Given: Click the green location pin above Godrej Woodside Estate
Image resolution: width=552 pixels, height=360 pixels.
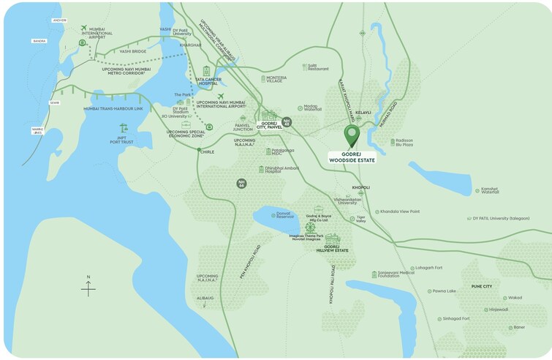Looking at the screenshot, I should [352, 136].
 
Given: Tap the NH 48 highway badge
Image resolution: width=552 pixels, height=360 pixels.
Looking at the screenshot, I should [287, 121].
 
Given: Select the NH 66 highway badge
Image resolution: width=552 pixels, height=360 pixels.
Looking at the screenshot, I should [241, 183].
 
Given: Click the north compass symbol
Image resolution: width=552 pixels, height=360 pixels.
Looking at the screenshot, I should [88, 287].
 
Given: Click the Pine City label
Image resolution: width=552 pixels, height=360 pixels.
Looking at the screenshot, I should [482, 286].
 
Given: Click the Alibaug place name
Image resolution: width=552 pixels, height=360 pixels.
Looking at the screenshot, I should [205, 298].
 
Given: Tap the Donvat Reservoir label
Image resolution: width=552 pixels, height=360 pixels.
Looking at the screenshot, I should [284, 215].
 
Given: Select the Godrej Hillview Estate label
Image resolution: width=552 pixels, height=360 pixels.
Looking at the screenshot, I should [333, 248].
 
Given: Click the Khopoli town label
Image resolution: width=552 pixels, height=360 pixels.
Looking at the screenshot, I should [361, 187].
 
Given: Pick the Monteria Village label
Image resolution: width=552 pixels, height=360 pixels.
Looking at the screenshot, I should [276, 80].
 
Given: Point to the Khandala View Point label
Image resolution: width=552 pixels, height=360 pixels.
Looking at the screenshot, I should [400, 211].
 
